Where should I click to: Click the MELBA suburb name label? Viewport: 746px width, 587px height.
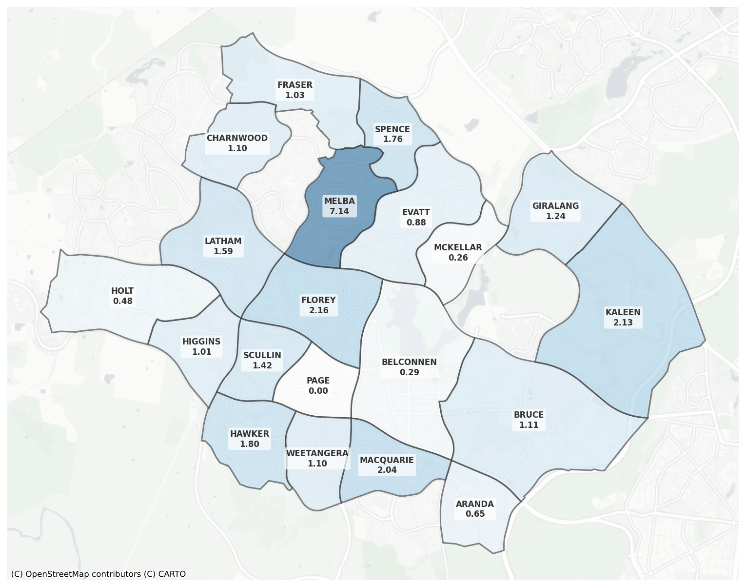click(x=339, y=201)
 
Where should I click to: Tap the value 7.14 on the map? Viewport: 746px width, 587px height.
click(x=339, y=211)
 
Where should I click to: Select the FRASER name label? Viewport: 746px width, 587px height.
click(x=295, y=85)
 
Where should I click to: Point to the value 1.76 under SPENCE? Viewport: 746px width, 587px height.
click(x=393, y=139)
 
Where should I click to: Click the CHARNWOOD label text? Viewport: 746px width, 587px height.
click(x=237, y=138)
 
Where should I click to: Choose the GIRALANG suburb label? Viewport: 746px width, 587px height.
click(x=555, y=206)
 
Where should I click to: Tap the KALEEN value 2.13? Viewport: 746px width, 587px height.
click(x=623, y=323)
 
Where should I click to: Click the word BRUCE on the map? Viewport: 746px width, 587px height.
click(x=529, y=415)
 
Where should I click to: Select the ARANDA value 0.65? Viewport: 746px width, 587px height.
click(x=475, y=514)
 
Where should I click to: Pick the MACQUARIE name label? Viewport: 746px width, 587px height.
click(x=387, y=460)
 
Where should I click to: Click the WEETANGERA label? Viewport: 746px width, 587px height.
click(x=317, y=453)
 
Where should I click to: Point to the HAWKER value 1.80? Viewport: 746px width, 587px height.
click(x=250, y=444)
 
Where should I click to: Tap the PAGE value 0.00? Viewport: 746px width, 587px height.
click(x=318, y=391)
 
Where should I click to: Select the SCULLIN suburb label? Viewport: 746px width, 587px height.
click(x=262, y=355)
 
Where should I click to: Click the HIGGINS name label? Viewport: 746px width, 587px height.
click(x=201, y=342)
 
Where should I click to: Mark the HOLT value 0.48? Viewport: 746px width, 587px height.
click(x=122, y=301)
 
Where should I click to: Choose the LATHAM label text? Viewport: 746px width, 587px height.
click(x=223, y=241)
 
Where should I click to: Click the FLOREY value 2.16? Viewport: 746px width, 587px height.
click(x=318, y=310)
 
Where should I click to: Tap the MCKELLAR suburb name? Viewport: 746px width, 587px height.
click(x=458, y=247)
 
